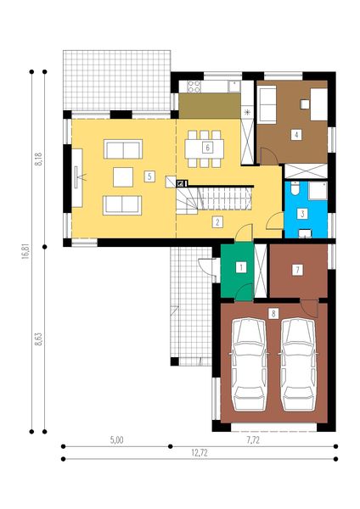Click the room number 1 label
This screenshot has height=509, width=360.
241,267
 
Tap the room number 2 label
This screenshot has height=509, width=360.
218,222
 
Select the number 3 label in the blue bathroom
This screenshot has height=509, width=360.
301,213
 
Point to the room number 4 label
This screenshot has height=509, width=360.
295,134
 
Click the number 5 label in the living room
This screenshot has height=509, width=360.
149,176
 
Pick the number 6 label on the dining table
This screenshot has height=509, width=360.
207,147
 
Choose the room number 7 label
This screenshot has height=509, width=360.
296,270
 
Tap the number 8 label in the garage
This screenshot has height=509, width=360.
273,313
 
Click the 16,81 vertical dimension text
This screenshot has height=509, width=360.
26,257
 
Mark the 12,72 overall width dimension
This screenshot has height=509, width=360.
199,453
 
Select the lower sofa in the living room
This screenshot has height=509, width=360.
122,204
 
